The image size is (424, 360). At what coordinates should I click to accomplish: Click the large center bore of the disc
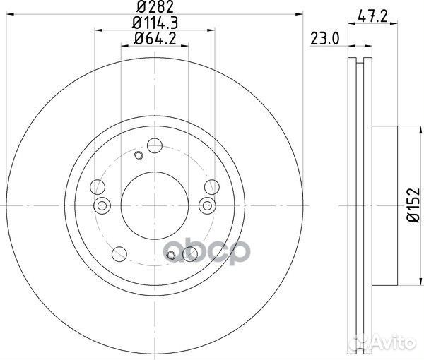click(x=154, y=205)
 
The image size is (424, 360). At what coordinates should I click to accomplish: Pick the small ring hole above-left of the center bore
click(x=139, y=156)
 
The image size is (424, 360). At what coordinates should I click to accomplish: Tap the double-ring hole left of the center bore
click(x=102, y=205)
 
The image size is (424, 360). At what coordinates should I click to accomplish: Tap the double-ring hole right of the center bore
click(x=206, y=205)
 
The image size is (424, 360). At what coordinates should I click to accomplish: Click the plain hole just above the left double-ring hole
click(x=99, y=187)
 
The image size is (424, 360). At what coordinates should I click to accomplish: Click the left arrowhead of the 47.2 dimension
click(x=352, y=27)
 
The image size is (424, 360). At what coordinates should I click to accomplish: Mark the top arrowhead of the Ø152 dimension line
click(x=411, y=128)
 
